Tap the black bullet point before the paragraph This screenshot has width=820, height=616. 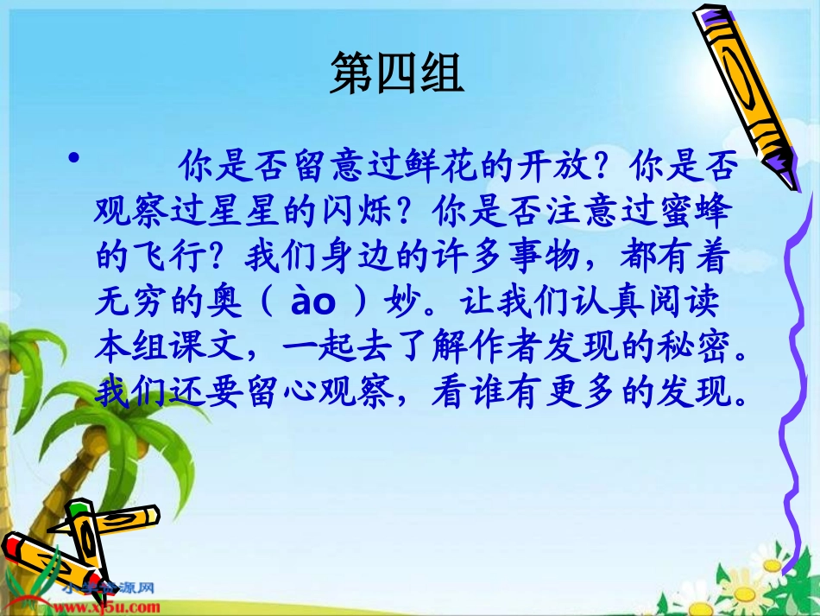tap(75, 160)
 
